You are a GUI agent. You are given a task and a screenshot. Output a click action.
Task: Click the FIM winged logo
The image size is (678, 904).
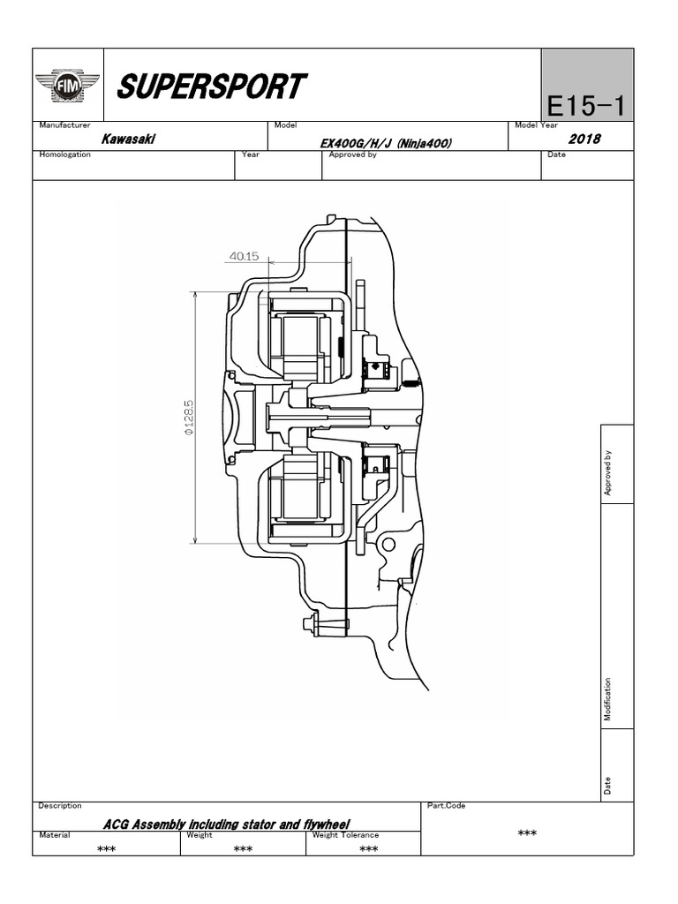[67, 86]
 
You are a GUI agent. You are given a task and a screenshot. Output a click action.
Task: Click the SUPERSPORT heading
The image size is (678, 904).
[211, 87]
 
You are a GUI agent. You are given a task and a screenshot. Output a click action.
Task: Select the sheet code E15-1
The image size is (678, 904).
[585, 106]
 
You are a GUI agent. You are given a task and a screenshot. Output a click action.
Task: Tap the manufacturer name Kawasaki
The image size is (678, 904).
[124, 139]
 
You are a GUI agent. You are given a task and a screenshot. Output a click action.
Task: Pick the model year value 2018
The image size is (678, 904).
[584, 139]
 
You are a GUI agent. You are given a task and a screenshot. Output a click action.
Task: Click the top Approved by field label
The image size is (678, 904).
[352, 154]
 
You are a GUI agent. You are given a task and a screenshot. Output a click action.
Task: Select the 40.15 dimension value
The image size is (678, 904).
[244, 257]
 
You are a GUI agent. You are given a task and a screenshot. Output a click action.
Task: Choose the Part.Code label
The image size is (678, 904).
[446, 806]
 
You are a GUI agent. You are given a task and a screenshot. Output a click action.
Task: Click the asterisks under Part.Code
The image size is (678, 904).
[527, 833]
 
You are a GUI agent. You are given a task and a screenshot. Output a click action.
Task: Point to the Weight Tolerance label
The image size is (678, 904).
[346, 835]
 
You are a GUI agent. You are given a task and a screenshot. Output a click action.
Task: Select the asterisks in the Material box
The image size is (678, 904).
[107, 849]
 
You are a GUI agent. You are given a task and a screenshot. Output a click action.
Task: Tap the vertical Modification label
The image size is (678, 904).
[607, 700]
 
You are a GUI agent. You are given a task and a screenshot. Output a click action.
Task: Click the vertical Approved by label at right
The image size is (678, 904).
[607, 474]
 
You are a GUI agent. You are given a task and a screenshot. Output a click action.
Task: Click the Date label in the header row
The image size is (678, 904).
[556, 154]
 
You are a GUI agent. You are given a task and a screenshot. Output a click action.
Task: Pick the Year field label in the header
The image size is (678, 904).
[251, 154]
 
